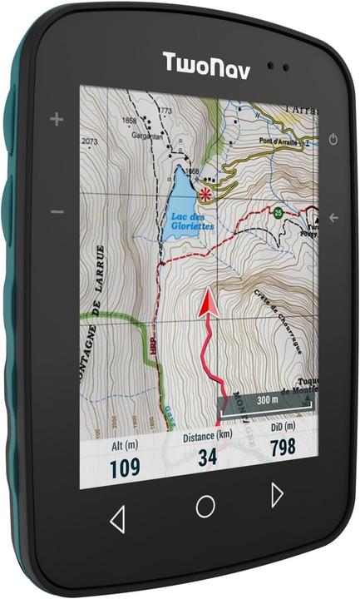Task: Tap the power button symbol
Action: click(x=333, y=139)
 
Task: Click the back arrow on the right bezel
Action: click(x=333, y=218)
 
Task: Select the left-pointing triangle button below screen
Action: click(x=117, y=520)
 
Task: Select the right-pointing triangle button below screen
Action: click(x=277, y=495)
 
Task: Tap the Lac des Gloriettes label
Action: click(x=191, y=221)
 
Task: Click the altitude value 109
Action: click(x=125, y=468)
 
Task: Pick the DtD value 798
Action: click(x=283, y=448)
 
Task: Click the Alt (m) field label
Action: click(x=126, y=447)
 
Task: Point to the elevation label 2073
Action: click(x=90, y=141)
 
